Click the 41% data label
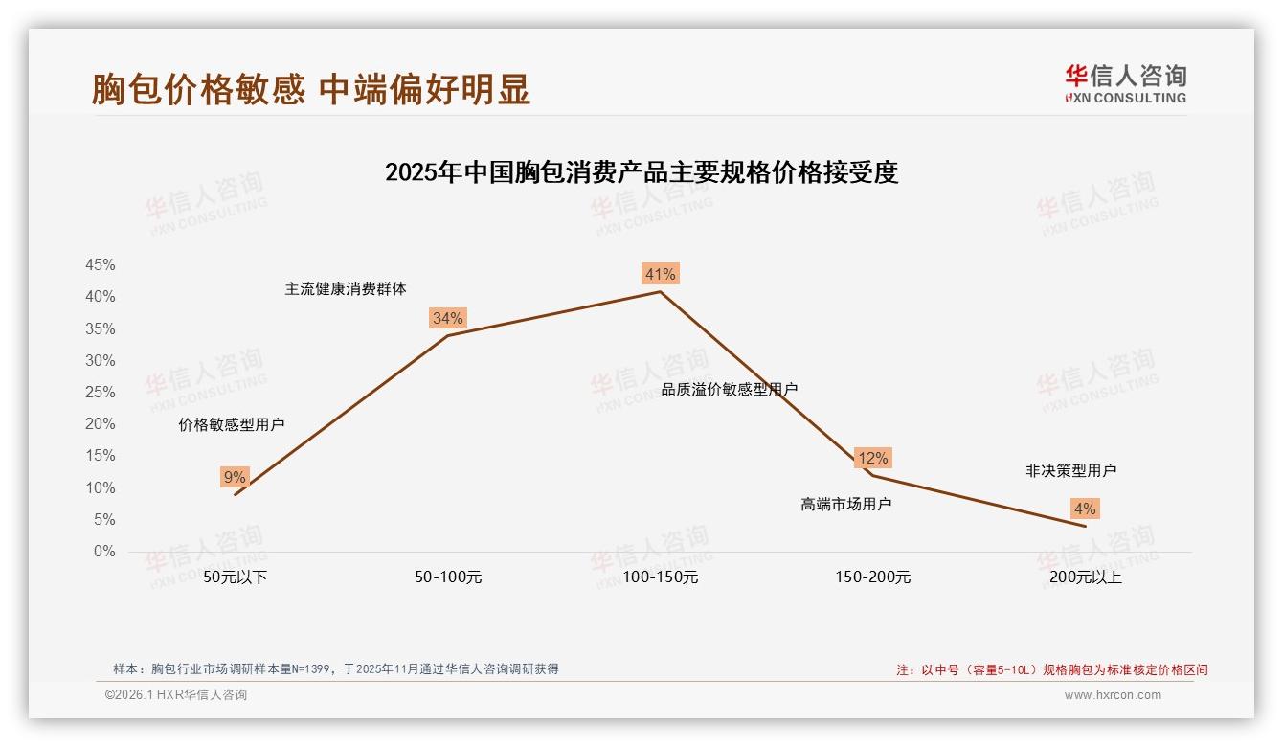(660, 275)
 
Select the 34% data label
(447, 319)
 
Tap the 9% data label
(235, 477)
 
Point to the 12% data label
(872, 458)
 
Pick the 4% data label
(1085, 509)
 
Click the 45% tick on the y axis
(101, 265)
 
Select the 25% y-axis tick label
(101, 393)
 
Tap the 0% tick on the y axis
(104, 552)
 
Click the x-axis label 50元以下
(236, 577)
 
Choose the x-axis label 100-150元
(661, 577)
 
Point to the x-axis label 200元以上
(1086, 577)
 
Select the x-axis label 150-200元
(873, 577)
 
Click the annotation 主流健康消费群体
(346, 289)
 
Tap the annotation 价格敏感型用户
(232, 425)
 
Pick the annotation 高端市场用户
(846, 504)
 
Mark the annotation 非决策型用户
(1071, 471)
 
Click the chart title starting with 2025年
(641, 172)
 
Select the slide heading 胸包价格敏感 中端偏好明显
(311, 89)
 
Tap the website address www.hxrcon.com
(1113, 695)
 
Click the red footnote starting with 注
(1052, 670)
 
